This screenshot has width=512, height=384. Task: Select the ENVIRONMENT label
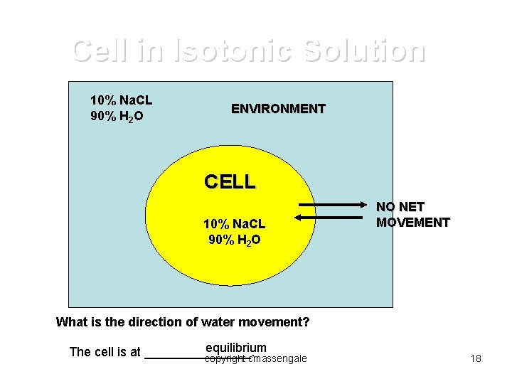point(278,109)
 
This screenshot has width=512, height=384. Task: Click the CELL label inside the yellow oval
point(229,182)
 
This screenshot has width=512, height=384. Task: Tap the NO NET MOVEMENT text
point(412,215)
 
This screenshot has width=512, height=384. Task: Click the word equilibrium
point(235,348)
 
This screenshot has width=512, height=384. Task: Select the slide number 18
point(476,358)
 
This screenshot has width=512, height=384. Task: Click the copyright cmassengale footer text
point(256,359)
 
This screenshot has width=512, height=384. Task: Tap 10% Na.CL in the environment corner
point(121,100)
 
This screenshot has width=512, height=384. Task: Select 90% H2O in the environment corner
point(117,116)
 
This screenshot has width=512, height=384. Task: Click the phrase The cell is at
point(105,352)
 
